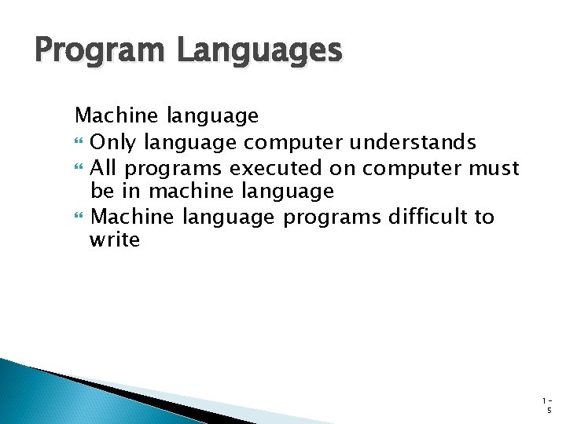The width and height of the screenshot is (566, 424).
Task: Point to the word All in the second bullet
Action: (x=105, y=167)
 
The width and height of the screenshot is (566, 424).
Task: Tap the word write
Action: (x=115, y=240)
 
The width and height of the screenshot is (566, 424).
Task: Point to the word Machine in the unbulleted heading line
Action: (x=118, y=116)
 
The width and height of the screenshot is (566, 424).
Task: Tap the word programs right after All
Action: (x=174, y=167)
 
